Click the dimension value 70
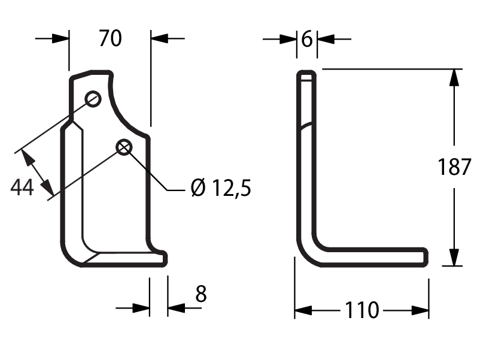pyautogui.click(x=110, y=38)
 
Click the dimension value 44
pyautogui.click(x=22, y=187)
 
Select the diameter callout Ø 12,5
pyautogui.click(x=221, y=187)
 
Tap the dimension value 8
pyautogui.click(x=201, y=294)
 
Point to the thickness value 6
pyautogui.click(x=307, y=39)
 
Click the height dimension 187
pyautogui.click(x=454, y=167)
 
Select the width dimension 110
pyautogui.click(x=361, y=310)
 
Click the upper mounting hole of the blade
pyautogui.click(x=93, y=99)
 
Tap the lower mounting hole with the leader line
pyautogui.click(x=124, y=147)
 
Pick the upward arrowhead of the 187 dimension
pyautogui.click(x=454, y=77)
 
